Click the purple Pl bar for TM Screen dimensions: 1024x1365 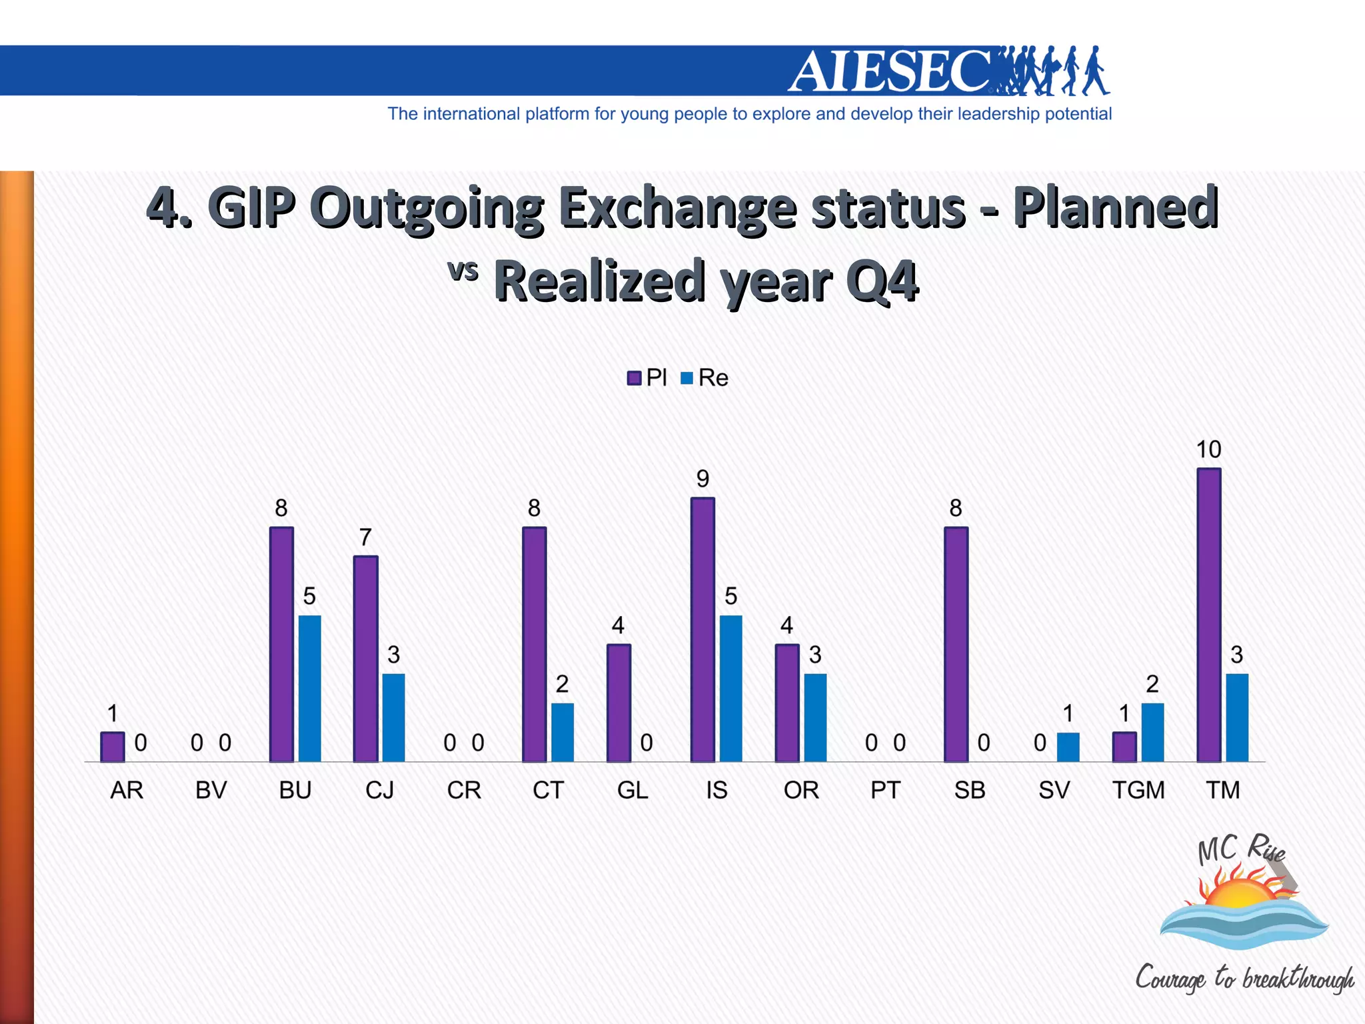(x=1208, y=615)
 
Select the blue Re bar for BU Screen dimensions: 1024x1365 (x=309, y=688)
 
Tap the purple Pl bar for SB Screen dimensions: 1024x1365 (x=956, y=644)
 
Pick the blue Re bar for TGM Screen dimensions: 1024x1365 (x=1152, y=732)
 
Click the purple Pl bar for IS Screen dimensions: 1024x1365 (x=702, y=629)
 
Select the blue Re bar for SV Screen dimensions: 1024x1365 (x=1068, y=747)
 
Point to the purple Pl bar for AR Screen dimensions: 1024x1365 (x=113, y=747)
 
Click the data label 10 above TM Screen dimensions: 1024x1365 (x=1208, y=449)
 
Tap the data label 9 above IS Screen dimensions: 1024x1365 (x=702, y=479)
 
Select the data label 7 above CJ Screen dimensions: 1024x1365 (x=365, y=537)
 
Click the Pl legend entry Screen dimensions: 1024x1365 (x=647, y=378)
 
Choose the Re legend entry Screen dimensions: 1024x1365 (x=704, y=378)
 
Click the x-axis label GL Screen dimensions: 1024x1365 (x=633, y=790)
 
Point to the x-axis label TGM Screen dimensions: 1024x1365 (x=1138, y=790)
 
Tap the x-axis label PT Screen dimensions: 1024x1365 (x=885, y=790)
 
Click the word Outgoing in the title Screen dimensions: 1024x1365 (x=427, y=208)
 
